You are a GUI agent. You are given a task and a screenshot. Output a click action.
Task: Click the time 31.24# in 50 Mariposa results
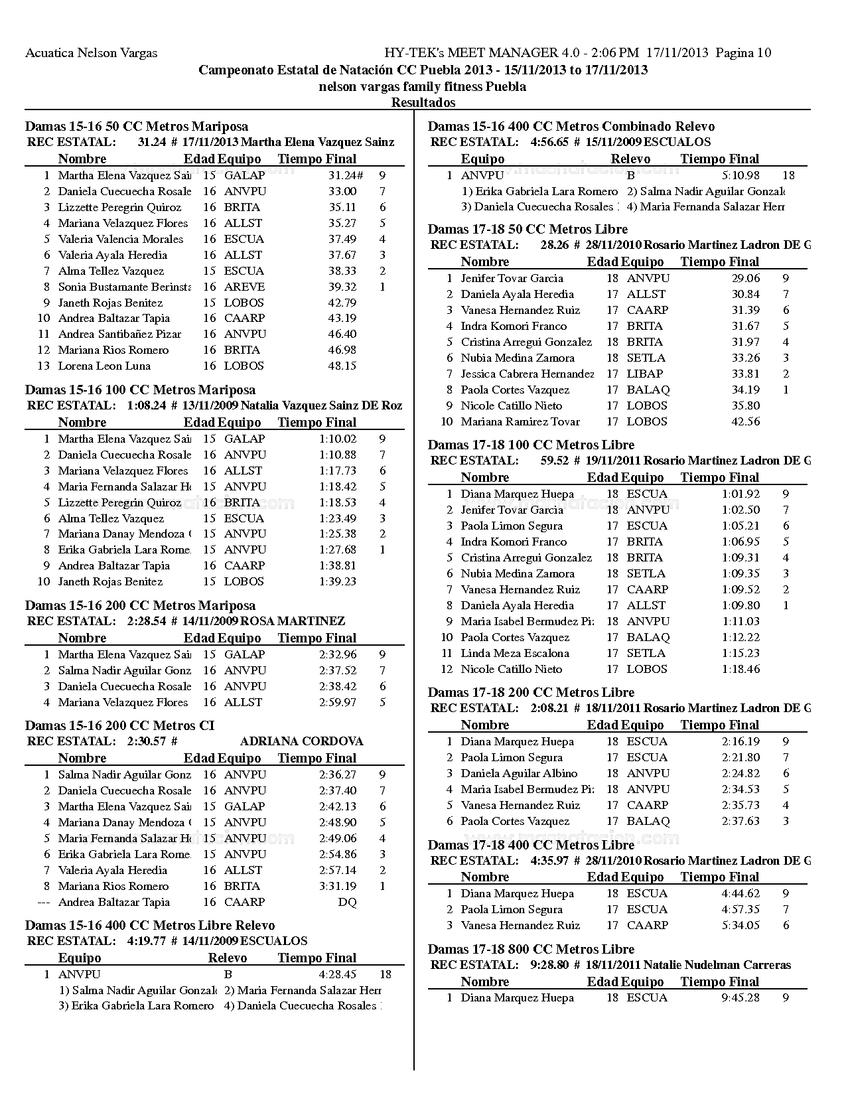[345, 176]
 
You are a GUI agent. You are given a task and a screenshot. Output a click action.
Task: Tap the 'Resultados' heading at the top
[423, 102]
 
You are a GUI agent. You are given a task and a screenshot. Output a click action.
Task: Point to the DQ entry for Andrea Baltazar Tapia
[347, 903]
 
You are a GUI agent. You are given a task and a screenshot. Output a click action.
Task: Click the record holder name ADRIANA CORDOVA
[301, 741]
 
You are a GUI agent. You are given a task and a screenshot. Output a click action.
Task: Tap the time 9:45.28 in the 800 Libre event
[740, 998]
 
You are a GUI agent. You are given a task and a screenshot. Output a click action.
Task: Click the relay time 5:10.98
[740, 176]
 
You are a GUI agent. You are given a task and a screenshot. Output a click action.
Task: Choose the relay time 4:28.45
[337, 975]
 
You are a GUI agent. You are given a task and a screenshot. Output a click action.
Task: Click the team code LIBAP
[645, 374]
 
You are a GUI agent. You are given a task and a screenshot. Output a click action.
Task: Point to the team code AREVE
[244, 287]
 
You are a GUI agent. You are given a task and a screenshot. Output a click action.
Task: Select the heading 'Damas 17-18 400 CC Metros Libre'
[531, 845]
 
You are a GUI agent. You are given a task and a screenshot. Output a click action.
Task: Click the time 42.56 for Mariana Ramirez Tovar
[746, 422]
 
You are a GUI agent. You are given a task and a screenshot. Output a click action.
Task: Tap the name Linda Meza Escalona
[515, 654]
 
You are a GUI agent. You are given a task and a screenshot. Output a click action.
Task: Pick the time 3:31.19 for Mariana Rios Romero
[337, 887]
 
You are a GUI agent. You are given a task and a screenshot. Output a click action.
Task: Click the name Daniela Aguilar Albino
[519, 774]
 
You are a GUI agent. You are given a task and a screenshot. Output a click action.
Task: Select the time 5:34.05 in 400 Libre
[740, 926]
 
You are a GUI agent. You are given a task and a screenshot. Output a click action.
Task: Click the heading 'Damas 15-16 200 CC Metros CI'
[119, 726]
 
